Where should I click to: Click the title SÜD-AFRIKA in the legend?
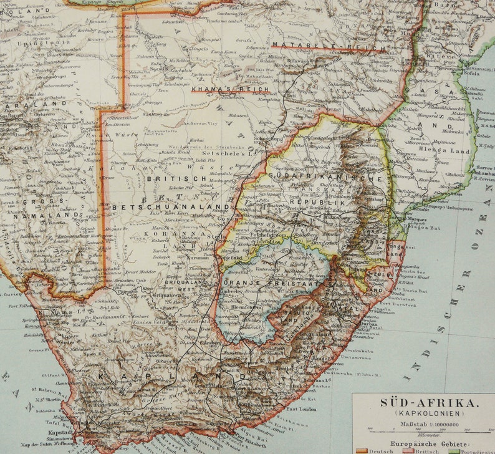[422, 402]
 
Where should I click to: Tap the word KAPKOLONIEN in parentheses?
[422, 413]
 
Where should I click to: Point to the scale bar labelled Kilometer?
[422, 430]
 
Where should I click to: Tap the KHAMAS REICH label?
[220, 90]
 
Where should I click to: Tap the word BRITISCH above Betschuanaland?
[168, 178]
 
